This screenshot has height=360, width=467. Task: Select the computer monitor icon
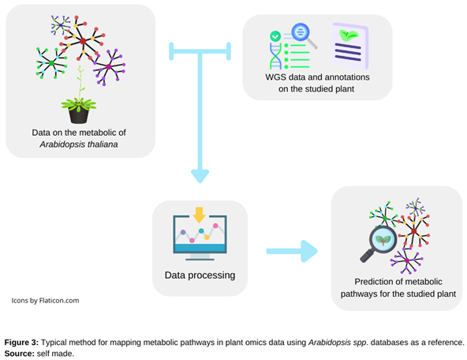pos(199,234)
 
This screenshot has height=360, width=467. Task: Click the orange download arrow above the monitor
pos(199,214)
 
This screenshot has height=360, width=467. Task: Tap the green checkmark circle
pos(275,36)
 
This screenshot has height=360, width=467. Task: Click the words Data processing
pos(200,276)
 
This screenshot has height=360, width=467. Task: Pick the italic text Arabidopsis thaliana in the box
pos(79,144)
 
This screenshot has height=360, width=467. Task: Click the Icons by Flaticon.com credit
pos(45,300)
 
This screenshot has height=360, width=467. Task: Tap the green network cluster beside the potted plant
pos(50,62)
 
